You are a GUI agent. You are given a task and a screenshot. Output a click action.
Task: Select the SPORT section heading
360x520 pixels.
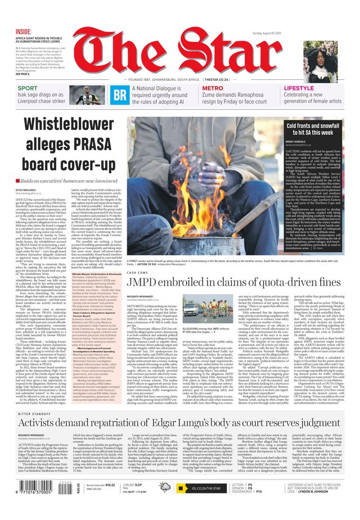(28, 88)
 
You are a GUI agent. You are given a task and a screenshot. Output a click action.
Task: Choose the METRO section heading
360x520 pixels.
(213, 88)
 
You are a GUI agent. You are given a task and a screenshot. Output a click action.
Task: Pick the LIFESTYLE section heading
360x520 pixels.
(299, 88)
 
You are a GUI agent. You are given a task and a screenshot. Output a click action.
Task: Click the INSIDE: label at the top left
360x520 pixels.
(24, 31)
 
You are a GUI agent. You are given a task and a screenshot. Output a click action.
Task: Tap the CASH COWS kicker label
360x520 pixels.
(137, 272)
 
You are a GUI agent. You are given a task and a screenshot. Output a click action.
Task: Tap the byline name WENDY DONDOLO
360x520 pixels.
(311, 141)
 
